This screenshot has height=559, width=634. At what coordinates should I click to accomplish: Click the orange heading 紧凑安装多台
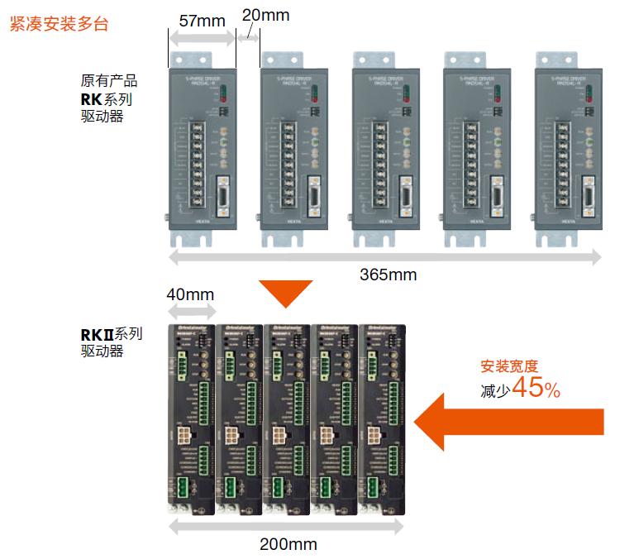(x=58, y=24)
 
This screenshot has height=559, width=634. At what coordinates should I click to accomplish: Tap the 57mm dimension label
(x=202, y=21)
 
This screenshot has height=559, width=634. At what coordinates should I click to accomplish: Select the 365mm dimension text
(x=388, y=275)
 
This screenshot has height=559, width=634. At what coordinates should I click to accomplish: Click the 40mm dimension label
(x=190, y=294)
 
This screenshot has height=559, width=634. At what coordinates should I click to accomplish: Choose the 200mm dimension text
(x=288, y=544)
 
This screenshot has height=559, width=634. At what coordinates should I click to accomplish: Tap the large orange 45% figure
(x=536, y=388)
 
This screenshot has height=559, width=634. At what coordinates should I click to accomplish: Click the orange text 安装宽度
(x=509, y=365)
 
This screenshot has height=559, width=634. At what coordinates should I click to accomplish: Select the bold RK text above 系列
(x=91, y=99)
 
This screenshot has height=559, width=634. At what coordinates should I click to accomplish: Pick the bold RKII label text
(x=96, y=334)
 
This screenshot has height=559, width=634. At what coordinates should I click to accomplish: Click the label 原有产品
(x=108, y=81)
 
